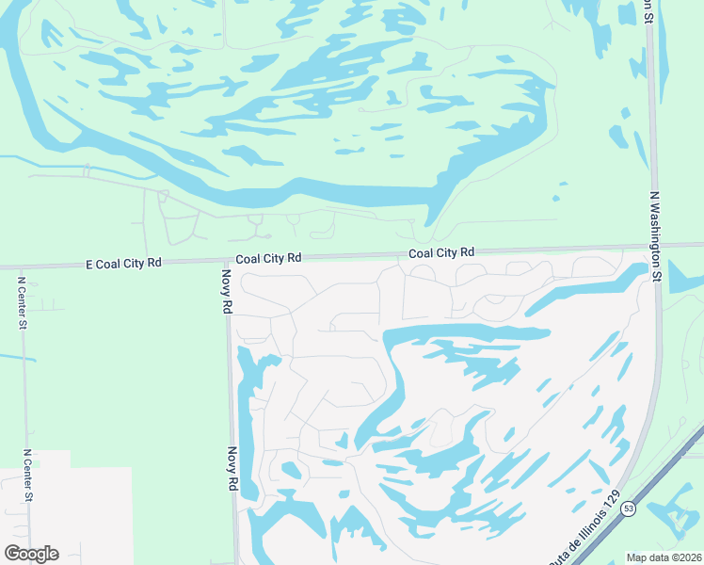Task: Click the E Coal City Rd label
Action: [123, 264]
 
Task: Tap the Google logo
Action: [31, 554]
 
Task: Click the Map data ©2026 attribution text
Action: [664, 557]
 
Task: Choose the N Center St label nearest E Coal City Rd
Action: [22, 300]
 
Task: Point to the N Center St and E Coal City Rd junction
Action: [21, 267]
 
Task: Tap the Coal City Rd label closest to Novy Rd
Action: [268, 257]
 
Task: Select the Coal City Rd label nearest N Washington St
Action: [440, 252]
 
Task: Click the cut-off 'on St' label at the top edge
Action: [648, 10]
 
